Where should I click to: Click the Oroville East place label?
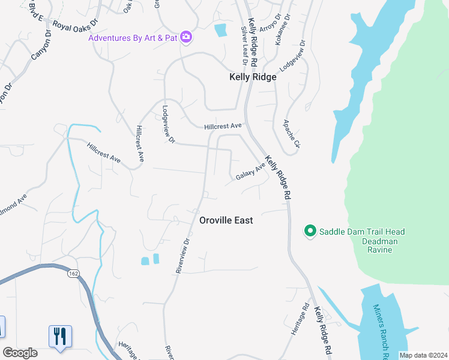click(x=226, y=221)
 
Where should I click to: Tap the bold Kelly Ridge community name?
click(x=253, y=77)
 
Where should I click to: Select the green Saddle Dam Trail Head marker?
click(x=310, y=231)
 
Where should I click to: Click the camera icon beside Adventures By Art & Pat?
click(x=186, y=38)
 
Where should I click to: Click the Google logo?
click(x=20, y=353)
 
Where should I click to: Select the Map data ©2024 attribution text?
click(x=423, y=355)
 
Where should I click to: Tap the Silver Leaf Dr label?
click(x=244, y=45)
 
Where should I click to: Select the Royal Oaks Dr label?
click(x=75, y=24)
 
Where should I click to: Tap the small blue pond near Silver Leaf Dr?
click(x=221, y=30)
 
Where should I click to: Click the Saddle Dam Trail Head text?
click(x=362, y=232)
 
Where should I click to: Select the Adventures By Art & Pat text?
click(x=133, y=38)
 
